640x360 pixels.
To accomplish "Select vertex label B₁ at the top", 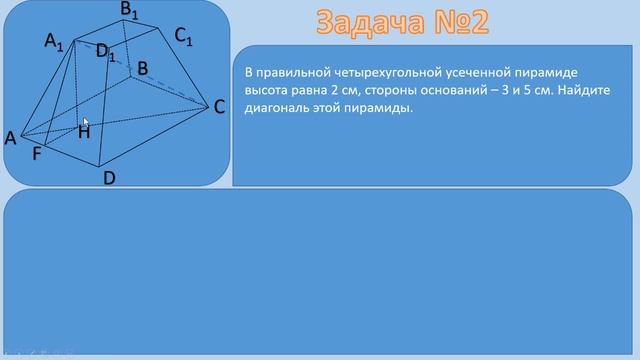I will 130,11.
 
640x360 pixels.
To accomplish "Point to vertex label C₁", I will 183,37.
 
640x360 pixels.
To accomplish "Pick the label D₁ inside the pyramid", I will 106,52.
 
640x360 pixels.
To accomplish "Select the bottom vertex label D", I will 111,178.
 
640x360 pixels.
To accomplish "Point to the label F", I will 37,154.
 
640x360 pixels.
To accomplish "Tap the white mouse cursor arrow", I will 86,121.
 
